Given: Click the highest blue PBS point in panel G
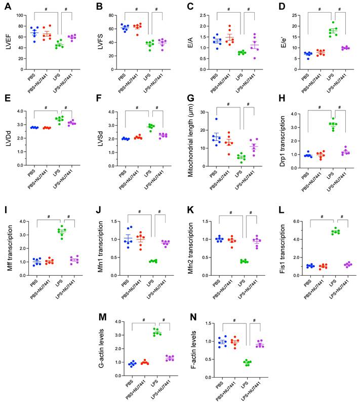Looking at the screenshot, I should [216, 120].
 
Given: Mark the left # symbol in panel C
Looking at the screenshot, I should [229, 9].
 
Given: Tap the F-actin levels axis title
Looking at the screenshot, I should [190, 349].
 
